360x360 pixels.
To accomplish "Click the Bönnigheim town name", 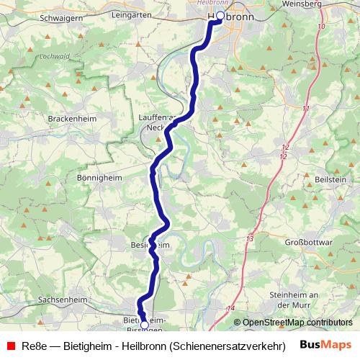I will tap(100, 176).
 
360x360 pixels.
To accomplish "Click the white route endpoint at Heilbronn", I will tap(220, 15).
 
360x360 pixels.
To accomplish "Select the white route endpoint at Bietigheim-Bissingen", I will tap(145, 325).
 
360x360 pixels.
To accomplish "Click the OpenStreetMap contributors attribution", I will tap(297, 323).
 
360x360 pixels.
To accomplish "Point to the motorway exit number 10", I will tap(320, 26).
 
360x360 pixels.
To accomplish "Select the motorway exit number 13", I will tap(250, 238).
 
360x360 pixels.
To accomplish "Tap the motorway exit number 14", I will tap(230, 308).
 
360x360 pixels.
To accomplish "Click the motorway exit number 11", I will tap(306, 108).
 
